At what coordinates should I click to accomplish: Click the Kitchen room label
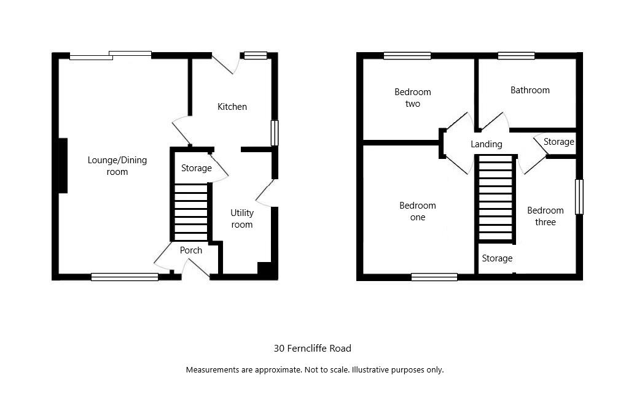tap(232, 107)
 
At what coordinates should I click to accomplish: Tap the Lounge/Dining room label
tap(117, 166)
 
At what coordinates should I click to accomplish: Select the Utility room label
tap(242, 218)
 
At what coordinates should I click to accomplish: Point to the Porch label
tap(191, 250)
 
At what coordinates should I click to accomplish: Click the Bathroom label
tap(530, 90)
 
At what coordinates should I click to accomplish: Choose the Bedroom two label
tap(412, 98)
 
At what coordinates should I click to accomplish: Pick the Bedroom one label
tap(418, 211)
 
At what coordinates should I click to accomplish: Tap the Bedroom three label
tap(545, 216)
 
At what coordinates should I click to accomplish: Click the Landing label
tap(486, 144)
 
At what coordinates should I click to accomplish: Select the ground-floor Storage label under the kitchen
tap(196, 168)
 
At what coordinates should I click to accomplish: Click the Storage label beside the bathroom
tap(559, 142)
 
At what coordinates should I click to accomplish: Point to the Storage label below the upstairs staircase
tap(497, 258)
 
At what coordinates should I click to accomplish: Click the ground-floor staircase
tap(191, 212)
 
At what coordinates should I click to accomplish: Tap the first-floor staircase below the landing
tap(496, 198)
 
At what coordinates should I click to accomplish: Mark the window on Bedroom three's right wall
tap(579, 196)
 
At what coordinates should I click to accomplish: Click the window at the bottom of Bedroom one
tap(434, 277)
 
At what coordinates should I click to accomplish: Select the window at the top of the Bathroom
tap(516, 56)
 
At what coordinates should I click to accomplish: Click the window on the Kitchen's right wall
tap(275, 133)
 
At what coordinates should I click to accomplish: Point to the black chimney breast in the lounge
tap(63, 166)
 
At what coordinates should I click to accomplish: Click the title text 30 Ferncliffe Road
tap(313, 349)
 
